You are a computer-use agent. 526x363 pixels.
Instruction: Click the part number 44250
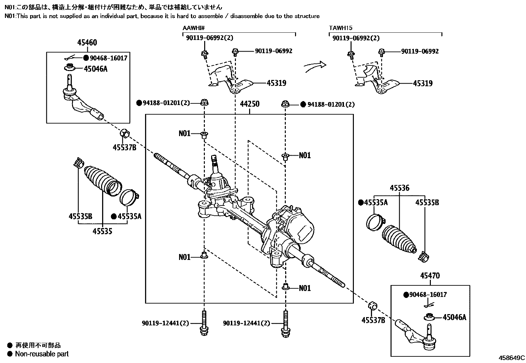[x=249, y=104]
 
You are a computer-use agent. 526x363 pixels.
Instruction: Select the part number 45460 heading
[x=87, y=43]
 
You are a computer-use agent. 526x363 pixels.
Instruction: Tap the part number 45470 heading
[x=430, y=276]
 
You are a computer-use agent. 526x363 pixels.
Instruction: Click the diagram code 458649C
[x=512, y=358]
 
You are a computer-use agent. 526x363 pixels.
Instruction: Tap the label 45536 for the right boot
[x=399, y=188]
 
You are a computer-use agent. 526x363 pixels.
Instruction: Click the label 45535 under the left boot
[x=102, y=231]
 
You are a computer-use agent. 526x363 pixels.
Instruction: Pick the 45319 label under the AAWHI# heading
[x=276, y=83]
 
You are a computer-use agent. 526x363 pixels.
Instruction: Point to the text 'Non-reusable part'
[x=42, y=354]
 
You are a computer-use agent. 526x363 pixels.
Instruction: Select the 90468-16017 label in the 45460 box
[x=108, y=58]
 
